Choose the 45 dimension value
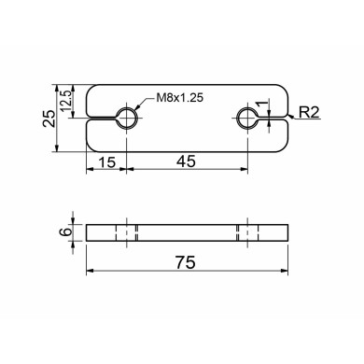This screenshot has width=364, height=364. tap(186, 161)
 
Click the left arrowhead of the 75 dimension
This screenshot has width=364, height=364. tap(90, 273)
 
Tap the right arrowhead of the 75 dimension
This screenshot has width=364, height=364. tap(286, 273)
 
